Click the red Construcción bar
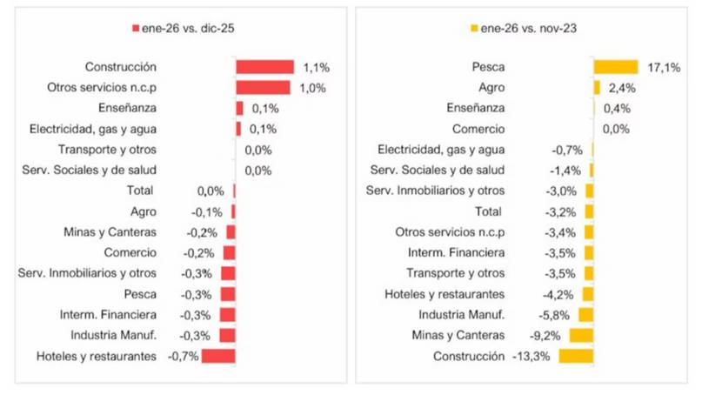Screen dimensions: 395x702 point(264,67)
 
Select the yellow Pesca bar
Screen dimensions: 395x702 point(616,67)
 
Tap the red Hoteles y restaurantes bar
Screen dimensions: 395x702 point(218,356)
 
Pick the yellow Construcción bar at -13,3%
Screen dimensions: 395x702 point(576,356)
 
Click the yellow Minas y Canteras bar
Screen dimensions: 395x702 point(581,335)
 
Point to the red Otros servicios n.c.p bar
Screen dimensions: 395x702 point(263,87)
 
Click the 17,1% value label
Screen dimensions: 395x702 point(662,67)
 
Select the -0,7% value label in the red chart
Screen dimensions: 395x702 point(183,356)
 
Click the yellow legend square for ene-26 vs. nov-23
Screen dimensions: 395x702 point(474,28)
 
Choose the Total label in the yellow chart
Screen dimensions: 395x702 point(488,211)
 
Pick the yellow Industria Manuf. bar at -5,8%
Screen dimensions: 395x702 point(585,314)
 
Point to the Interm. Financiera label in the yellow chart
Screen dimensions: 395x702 point(457,252)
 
